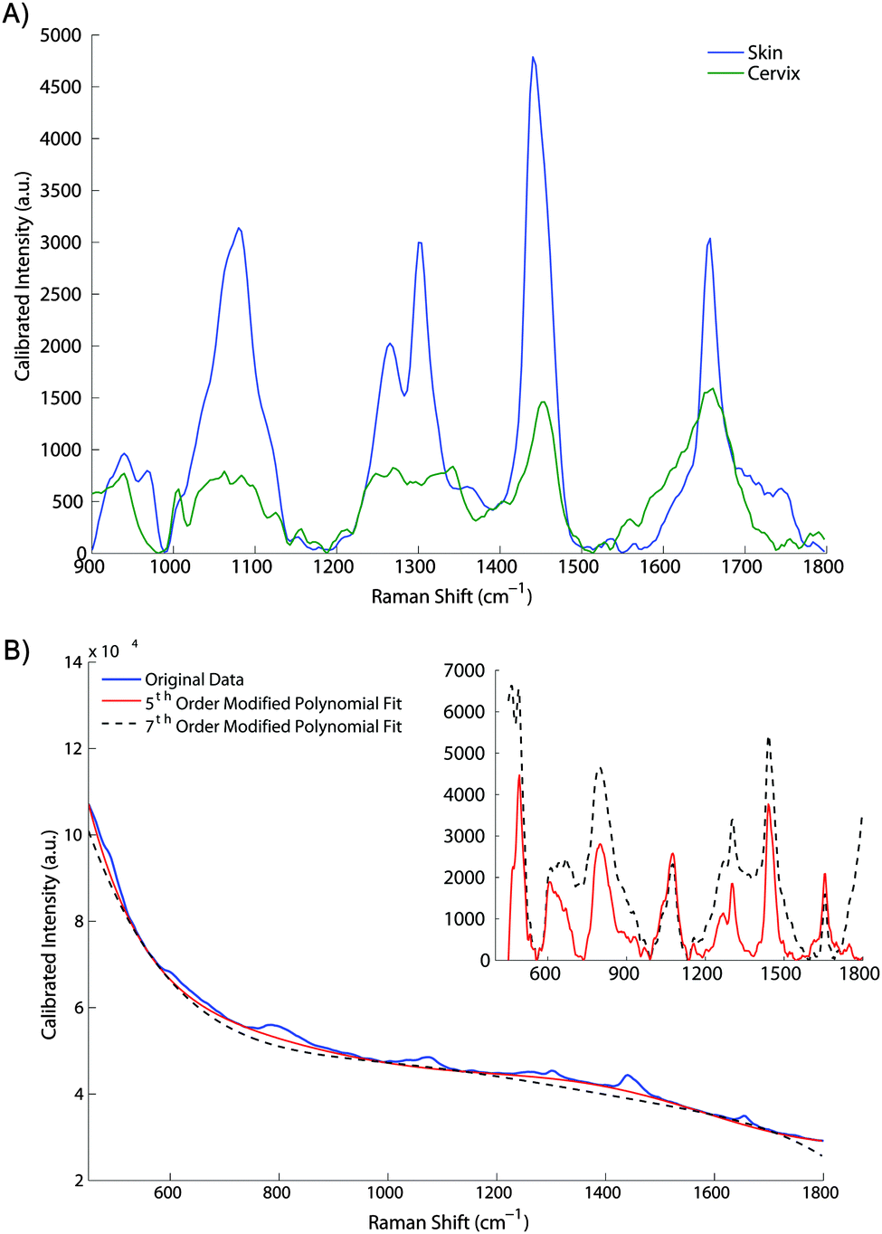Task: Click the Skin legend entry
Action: pos(764,52)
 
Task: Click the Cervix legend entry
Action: pos(773,73)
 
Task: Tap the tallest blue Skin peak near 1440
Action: pos(534,58)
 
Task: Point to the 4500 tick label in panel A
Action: pos(61,87)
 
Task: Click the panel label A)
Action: pos(15,15)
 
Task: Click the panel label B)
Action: pos(16,650)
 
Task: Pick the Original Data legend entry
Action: pos(194,679)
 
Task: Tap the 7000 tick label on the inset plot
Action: pos(464,670)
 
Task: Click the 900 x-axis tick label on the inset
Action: pos(623,973)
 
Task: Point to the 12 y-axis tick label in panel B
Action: pos(73,748)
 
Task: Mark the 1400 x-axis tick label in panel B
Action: pos(602,1192)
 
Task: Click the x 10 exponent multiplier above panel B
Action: pos(104,651)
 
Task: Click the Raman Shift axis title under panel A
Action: pos(451,595)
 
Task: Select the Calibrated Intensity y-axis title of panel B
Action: pos(49,933)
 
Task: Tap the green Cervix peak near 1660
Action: pos(713,389)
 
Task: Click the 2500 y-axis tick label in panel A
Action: pos(61,294)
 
